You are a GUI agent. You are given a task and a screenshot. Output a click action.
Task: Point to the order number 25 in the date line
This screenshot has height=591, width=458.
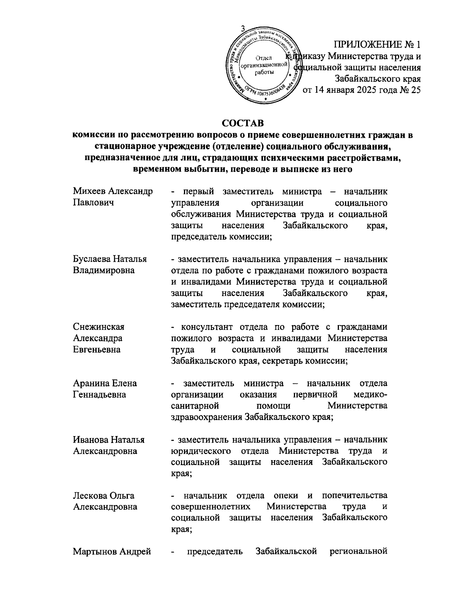[416, 90]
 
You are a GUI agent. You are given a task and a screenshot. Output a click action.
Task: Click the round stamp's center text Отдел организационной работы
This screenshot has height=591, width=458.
[263, 65]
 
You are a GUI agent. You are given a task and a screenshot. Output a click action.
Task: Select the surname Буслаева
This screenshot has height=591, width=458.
[90, 259]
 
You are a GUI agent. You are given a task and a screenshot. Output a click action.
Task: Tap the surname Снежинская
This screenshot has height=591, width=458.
[98, 327]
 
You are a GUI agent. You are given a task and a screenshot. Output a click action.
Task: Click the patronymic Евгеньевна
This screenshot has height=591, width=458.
[97, 349]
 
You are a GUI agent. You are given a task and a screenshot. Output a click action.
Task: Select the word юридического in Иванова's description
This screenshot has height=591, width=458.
[201, 451]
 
